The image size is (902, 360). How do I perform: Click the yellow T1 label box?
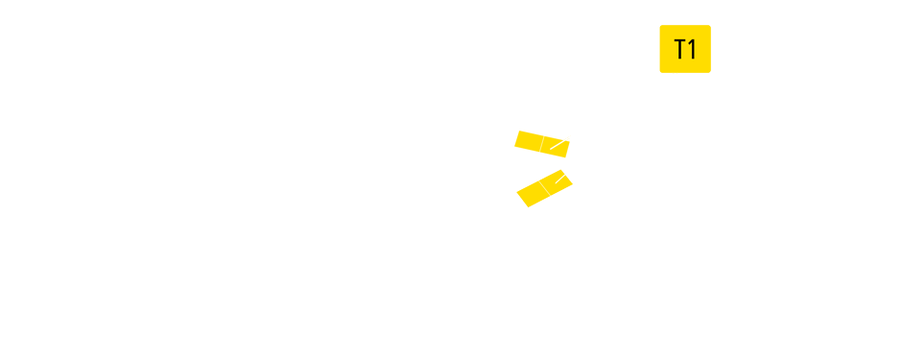(x=685, y=48)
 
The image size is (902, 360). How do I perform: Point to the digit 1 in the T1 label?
(x=691, y=49)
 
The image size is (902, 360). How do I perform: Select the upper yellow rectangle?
(x=542, y=144)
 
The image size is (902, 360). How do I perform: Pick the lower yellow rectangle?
(x=544, y=188)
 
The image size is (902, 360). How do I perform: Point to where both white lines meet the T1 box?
(x=677, y=73)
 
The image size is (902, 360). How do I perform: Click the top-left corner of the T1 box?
(x=661, y=26)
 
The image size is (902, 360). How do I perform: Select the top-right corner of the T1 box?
(x=710, y=26)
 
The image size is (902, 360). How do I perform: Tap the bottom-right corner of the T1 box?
(x=710, y=72)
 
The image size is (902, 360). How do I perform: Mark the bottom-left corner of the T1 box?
(x=661, y=72)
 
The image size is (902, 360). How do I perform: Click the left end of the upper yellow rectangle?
(x=517, y=139)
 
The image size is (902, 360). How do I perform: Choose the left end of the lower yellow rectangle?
(x=521, y=199)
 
